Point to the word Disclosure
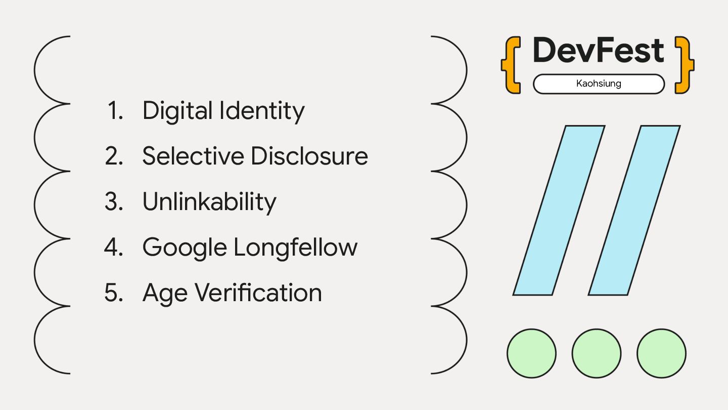(x=309, y=156)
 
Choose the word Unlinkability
(x=209, y=201)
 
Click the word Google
(x=185, y=248)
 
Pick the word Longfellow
(x=295, y=247)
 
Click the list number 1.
(x=116, y=110)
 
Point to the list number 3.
(x=114, y=201)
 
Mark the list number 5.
(x=114, y=293)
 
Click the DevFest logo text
(x=598, y=51)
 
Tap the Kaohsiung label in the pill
(x=599, y=84)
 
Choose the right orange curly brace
(x=685, y=65)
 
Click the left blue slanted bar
(x=559, y=210)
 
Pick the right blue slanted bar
(x=634, y=210)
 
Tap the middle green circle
(x=597, y=353)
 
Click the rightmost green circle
(x=661, y=353)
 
